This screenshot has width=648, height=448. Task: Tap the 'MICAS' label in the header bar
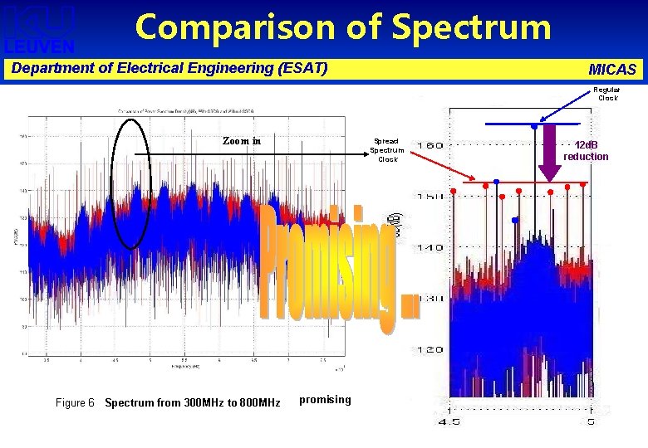(611, 69)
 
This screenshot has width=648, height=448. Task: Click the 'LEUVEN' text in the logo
(39, 46)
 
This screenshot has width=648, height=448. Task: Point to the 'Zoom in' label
(242, 141)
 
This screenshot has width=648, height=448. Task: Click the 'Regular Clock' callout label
(606, 94)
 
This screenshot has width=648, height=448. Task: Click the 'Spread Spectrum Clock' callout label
(386, 150)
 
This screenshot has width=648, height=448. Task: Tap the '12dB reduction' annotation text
(586, 151)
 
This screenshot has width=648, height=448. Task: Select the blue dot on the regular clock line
(533, 126)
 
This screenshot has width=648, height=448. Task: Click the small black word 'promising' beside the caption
(325, 400)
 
